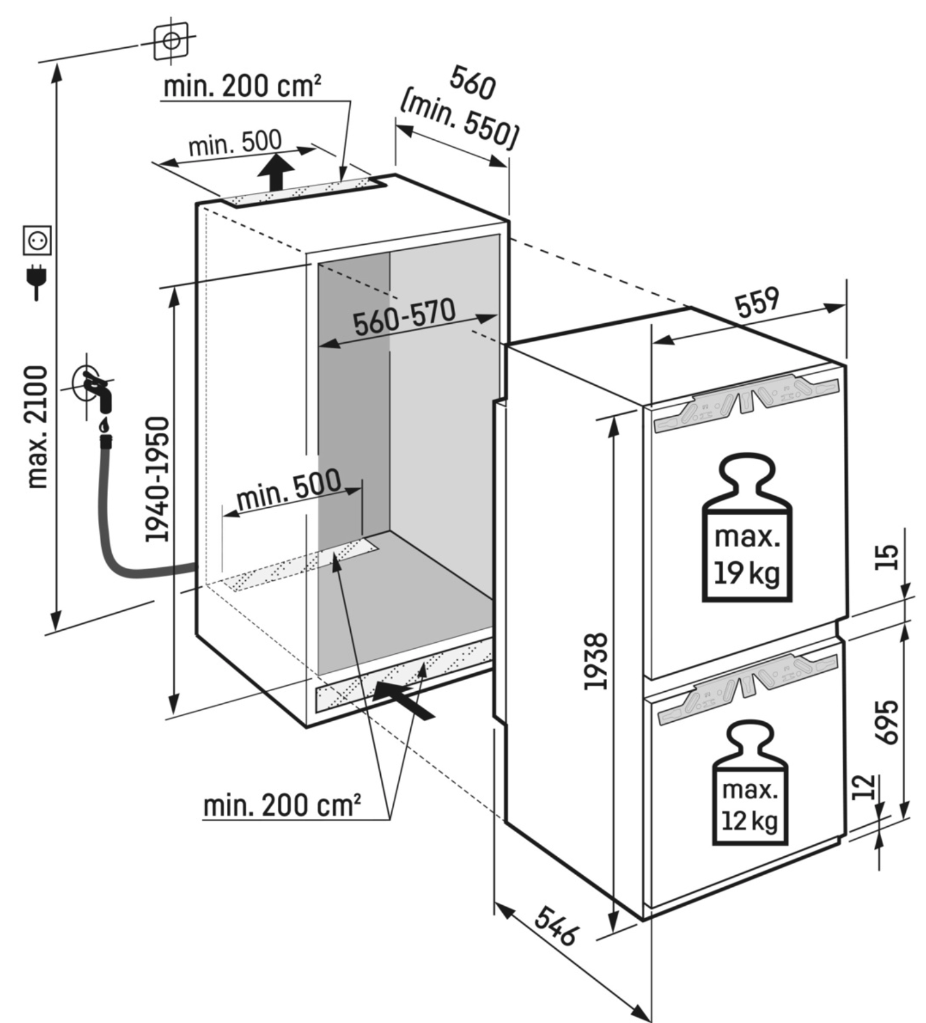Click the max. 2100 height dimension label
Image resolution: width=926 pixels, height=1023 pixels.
(38, 427)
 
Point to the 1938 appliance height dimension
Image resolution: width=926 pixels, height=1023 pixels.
(596, 661)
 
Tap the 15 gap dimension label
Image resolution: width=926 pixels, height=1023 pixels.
(887, 557)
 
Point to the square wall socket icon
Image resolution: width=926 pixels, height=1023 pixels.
(37, 240)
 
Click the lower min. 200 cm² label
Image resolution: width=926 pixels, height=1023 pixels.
(281, 804)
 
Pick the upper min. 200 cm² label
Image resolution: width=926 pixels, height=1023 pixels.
(242, 86)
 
